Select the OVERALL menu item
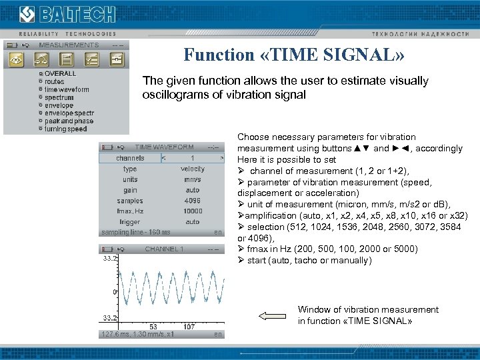[60, 73]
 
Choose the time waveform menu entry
[66, 89]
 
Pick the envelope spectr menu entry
[69, 113]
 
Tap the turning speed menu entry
[65, 129]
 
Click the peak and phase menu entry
[69, 121]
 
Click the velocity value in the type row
[193, 169]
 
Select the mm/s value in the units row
[193, 179]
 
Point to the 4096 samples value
[193, 201]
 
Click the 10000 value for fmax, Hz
[193, 211]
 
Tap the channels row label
[130, 158]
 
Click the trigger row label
[130, 221]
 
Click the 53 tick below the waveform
[153, 327]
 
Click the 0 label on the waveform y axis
[115, 292]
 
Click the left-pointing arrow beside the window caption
[271, 316]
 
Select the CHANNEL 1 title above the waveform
[164, 249]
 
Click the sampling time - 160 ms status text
[136, 232]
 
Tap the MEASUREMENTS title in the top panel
[69, 45]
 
